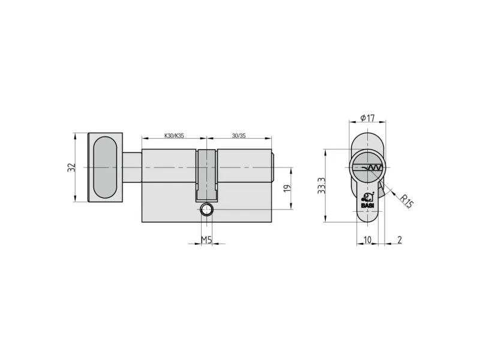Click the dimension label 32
point(71,167)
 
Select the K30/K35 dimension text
point(174,136)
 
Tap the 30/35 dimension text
point(239,136)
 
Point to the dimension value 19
point(287,188)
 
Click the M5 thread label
point(206,240)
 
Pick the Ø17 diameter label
point(368,118)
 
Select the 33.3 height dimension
point(321,185)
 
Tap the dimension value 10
point(367,239)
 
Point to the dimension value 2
point(400,239)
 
